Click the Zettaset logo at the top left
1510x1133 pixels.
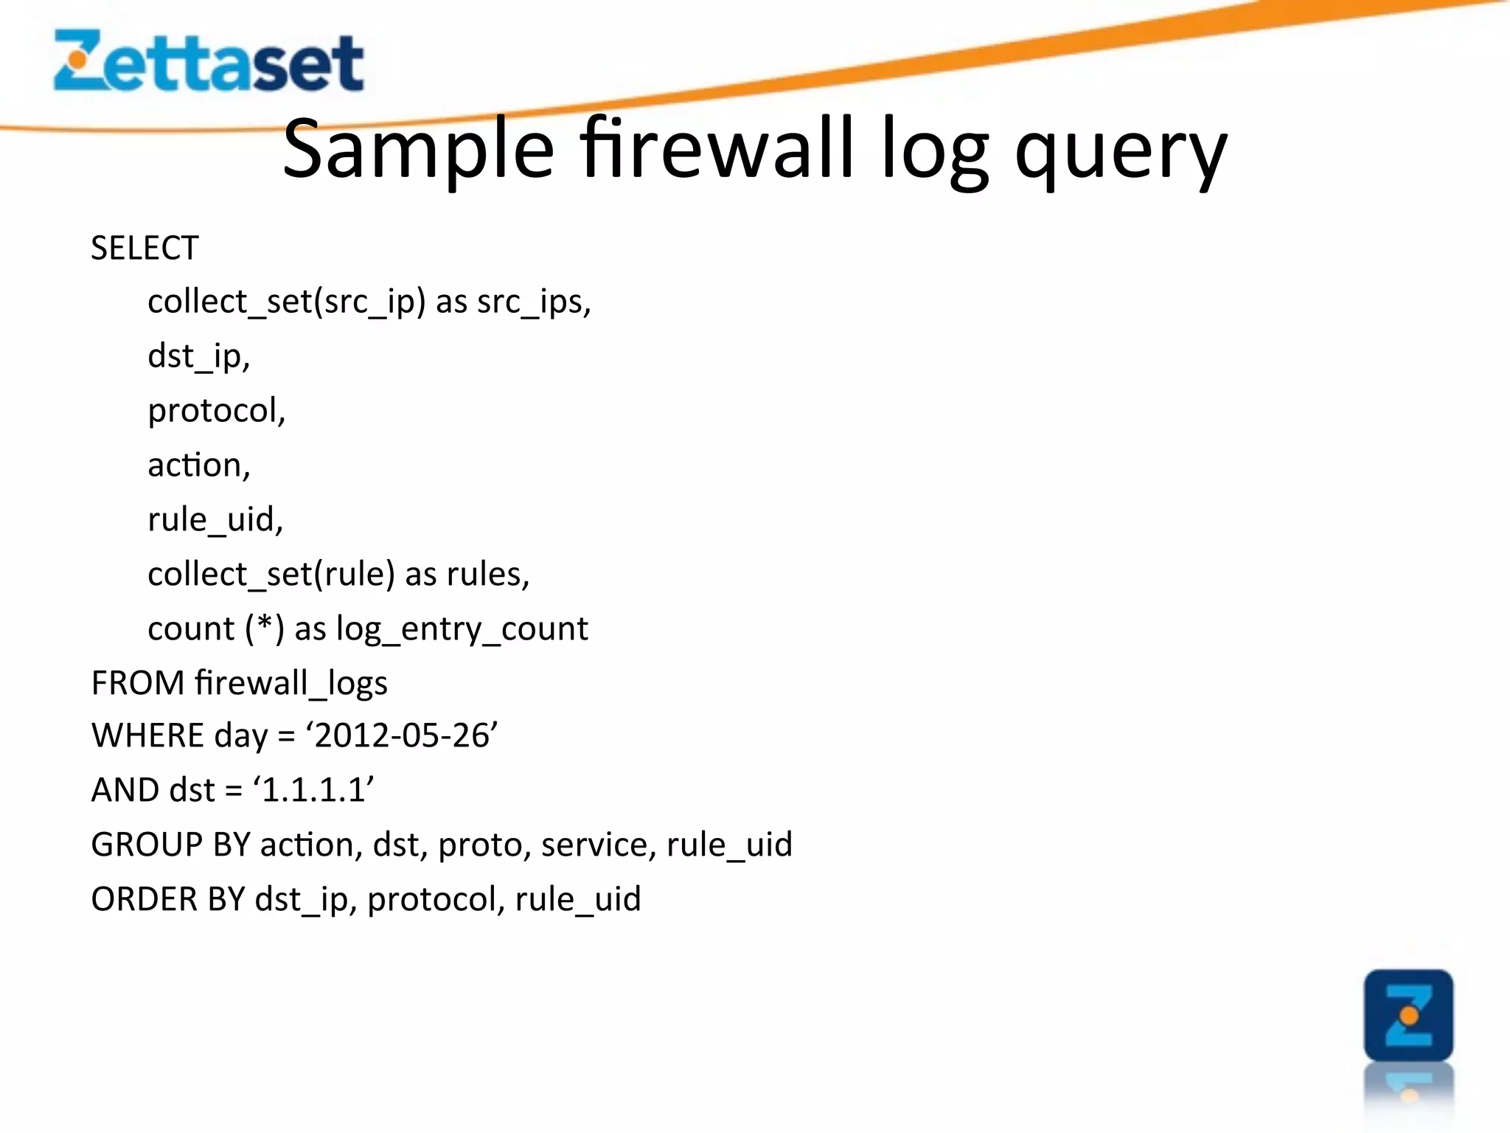(x=209, y=62)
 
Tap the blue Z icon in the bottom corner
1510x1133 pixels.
(x=1408, y=1016)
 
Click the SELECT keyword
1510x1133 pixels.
(x=145, y=248)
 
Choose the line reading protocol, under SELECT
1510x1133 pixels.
(x=216, y=411)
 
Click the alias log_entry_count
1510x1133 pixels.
(x=462, y=629)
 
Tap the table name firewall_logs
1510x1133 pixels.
(x=291, y=683)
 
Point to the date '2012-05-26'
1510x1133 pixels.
(x=403, y=735)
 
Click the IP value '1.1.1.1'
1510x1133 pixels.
(x=314, y=790)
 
